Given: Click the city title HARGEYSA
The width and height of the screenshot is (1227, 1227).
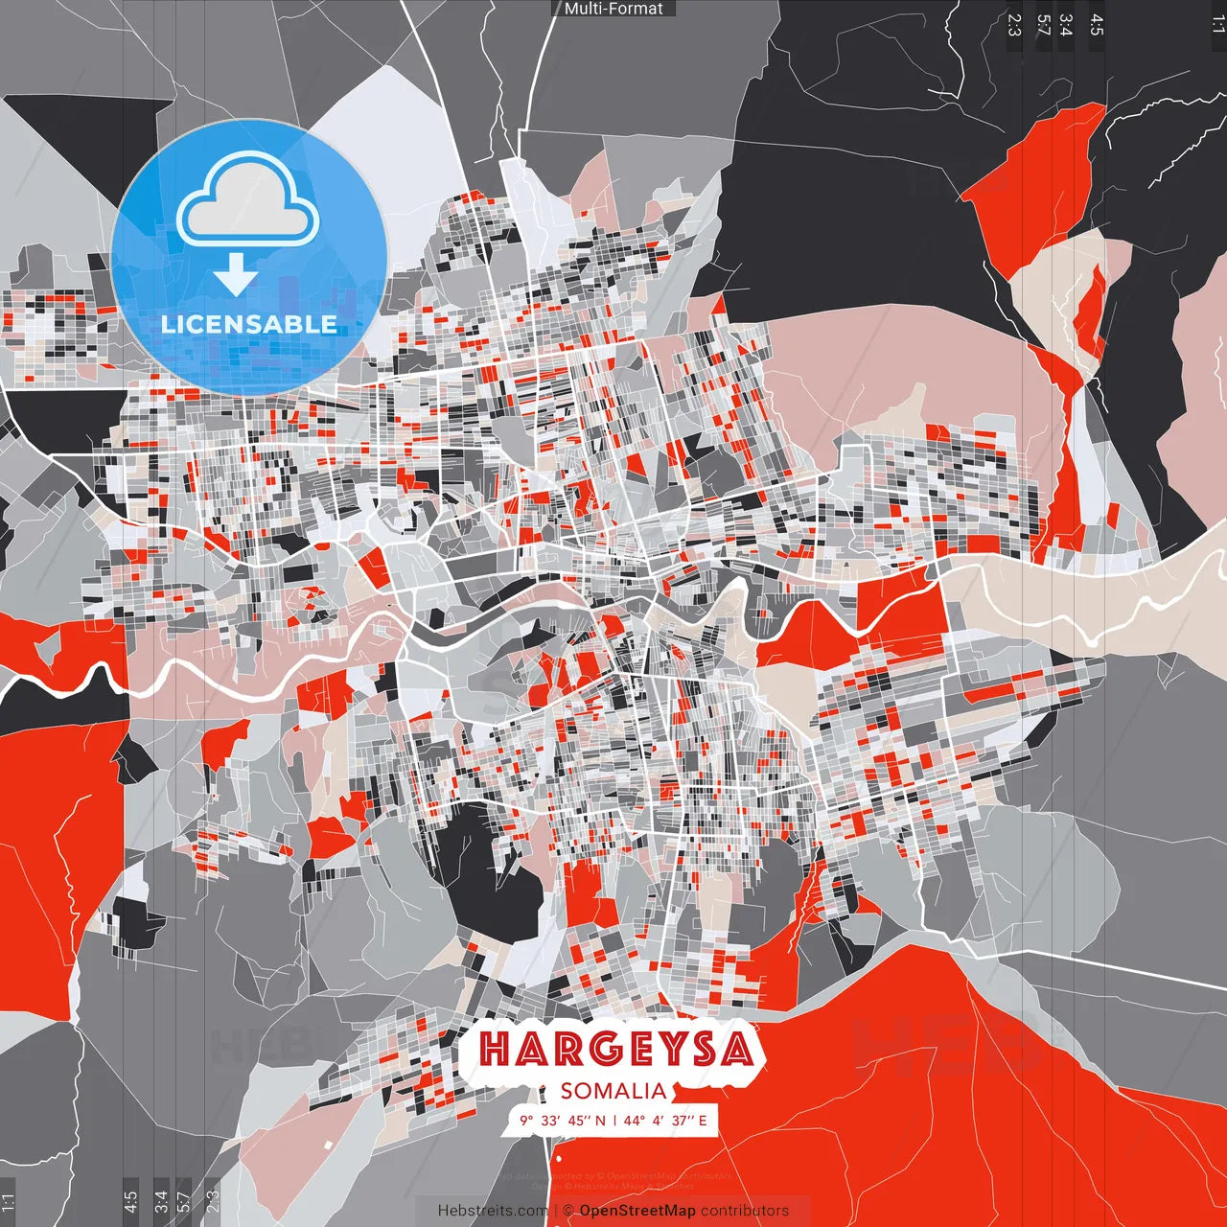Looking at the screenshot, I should click(x=615, y=1049).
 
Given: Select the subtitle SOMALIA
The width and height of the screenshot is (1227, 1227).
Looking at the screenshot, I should click(x=613, y=1091).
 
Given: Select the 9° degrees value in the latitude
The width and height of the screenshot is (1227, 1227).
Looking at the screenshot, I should click(x=526, y=1121).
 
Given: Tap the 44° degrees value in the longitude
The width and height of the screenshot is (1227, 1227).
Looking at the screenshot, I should click(x=634, y=1121).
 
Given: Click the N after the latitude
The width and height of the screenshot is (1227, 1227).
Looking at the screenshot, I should click(x=600, y=1121).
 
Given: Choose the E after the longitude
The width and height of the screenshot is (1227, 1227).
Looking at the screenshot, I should click(x=703, y=1121).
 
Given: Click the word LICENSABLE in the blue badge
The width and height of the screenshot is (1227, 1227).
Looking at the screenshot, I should click(x=249, y=324).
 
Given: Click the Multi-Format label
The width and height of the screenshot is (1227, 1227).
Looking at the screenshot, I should click(x=613, y=9).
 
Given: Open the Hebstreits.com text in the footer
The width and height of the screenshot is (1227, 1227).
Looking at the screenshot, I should click(x=493, y=1211).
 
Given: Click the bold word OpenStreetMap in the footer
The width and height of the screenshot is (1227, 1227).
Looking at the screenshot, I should click(x=637, y=1211).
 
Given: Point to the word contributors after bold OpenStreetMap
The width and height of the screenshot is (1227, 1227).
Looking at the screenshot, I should click(x=745, y=1211).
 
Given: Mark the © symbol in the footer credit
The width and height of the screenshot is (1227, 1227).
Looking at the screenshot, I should click(x=567, y=1211).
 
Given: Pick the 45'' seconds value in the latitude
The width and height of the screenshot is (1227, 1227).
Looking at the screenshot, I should click(x=579, y=1121).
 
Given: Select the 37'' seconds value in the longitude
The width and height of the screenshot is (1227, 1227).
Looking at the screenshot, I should click(x=682, y=1121).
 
